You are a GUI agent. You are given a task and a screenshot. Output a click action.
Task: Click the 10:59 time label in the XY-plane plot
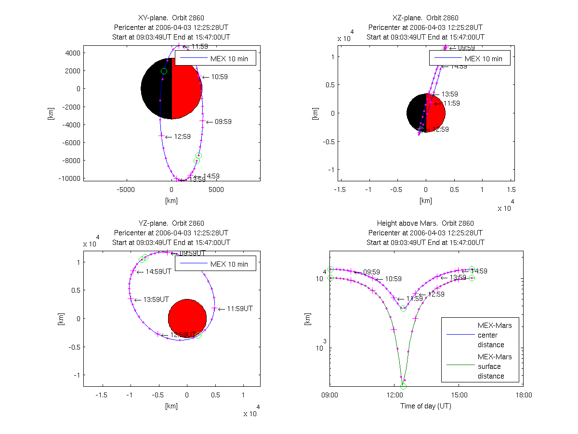(219, 77)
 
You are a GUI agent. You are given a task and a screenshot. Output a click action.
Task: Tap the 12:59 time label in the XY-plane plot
(182, 137)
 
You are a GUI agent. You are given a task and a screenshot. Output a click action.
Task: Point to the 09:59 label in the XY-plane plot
(223, 122)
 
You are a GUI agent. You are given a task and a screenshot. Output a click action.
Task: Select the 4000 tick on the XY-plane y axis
(73, 53)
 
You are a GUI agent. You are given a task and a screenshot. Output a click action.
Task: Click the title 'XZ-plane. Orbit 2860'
(425, 18)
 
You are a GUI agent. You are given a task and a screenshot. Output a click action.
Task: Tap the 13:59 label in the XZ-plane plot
(449, 95)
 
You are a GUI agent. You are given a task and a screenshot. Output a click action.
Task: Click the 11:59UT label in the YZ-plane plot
(239, 309)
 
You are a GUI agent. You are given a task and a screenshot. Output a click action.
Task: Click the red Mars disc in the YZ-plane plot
(187, 318)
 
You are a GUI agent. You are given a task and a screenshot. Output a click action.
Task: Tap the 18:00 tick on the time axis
(524, 395)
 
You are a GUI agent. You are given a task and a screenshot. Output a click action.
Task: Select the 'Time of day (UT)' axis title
(425, 406)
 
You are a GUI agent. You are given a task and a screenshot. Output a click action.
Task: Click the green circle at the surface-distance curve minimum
(403, 386)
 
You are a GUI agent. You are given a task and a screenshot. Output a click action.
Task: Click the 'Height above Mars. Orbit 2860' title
(425, 223)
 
